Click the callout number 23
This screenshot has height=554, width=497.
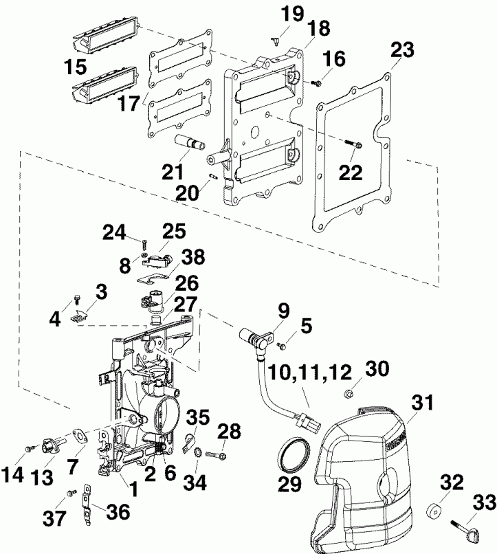tap(403, 50)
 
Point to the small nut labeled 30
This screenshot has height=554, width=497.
tap(349, 394)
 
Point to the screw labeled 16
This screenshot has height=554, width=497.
tap(317, 83)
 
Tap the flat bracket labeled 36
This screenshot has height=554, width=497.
tap(87, 496)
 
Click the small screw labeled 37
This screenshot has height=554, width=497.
tap(70, 492)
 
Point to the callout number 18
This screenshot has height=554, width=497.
tap(318, 28)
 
